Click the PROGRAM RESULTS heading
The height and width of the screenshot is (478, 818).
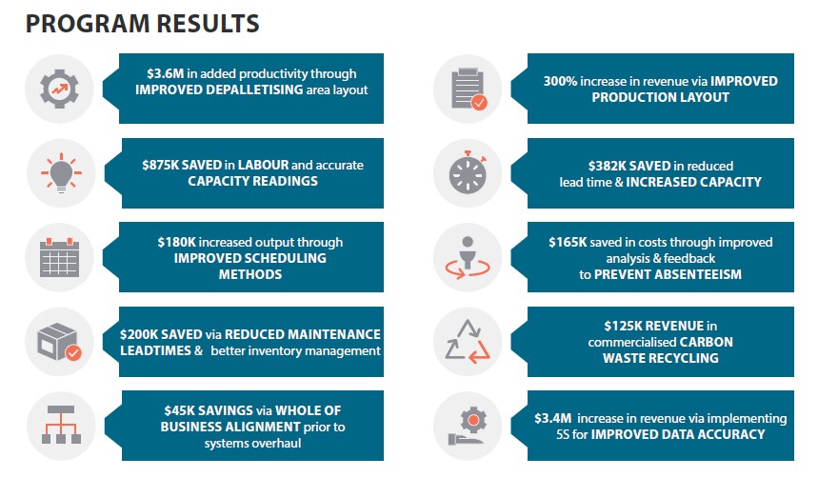(142, 23)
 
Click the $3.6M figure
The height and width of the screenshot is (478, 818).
(166, 73)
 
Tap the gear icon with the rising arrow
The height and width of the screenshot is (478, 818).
(61, 88)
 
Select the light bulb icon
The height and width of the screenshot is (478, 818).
(61, 172)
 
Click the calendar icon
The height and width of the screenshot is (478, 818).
(61, 256)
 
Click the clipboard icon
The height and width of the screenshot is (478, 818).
(467, 88)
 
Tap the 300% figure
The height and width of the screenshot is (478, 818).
(562, 81)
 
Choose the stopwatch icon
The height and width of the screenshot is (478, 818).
(467, 172)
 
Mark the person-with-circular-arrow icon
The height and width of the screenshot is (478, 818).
(467, 256)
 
